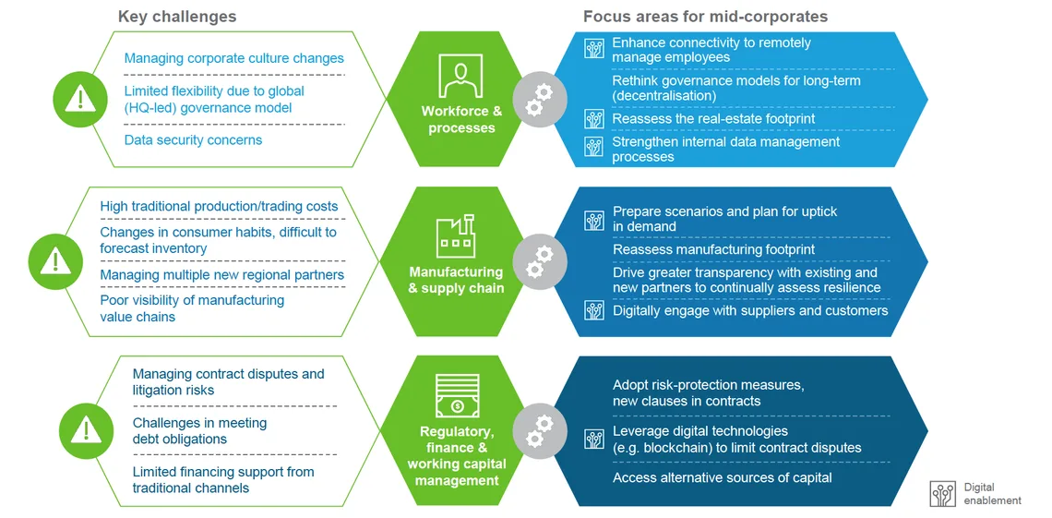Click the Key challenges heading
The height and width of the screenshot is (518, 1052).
(177, 16)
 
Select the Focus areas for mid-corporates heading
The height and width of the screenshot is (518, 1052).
(705, 16)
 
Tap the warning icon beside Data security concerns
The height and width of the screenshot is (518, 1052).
(80, 99)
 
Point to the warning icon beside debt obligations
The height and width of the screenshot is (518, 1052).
(86, 428)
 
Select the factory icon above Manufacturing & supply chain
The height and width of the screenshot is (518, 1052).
(456, 235)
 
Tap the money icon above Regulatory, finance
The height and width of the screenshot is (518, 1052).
(457, 395)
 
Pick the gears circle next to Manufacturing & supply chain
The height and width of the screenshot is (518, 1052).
(539, 261)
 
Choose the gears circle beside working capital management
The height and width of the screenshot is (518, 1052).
(539, 429)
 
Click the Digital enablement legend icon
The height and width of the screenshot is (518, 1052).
(942, 495)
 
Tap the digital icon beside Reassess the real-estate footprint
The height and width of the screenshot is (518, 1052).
(594, 119)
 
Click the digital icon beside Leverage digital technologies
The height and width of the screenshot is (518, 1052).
(594, 439)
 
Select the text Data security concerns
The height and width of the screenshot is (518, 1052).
(193, 140)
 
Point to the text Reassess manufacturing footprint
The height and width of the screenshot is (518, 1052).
(714, 249)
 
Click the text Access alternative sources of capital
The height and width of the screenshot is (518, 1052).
(722, 477)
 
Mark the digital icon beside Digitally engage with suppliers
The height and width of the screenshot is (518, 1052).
(594, 310)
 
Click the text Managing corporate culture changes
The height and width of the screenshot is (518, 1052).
(234, 58)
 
